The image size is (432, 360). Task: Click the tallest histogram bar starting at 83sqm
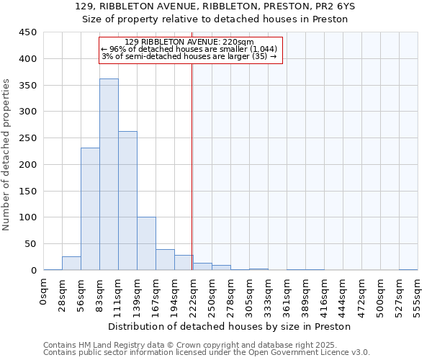pyautogui.click(x=109, y=174)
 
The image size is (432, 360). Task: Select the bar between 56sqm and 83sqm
pyautogui.click(x=90, y=209)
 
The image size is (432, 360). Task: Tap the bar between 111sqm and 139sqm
pyautogui.click(x=127, y=201)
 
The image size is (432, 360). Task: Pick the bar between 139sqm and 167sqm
pyautogui.click(x=146, y=243)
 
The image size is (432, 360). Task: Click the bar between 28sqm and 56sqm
pyautogui.click(x=71, y=264)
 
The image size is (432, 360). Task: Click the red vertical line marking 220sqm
pyautogui.click(x=192, y=166)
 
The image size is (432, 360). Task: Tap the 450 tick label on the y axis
pyautogui.click(x=28, y=32)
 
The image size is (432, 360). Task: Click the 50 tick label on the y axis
pyautogui.click(x=31, y=244)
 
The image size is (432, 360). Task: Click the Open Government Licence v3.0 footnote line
pyautogui.click(x=207, y=353)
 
